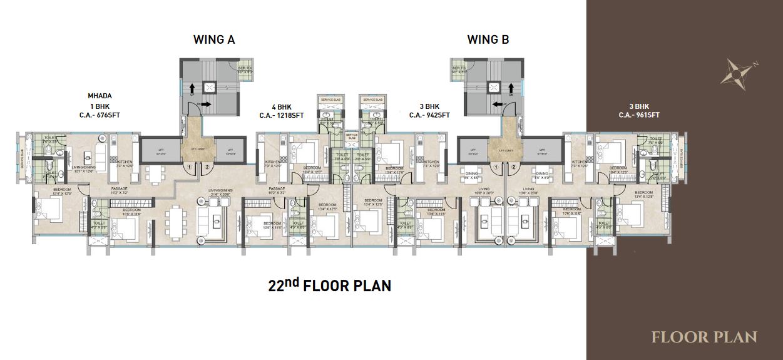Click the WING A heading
(x=213, y=40)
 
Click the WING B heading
(x=488, y=40)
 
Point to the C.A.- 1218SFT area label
(x=282, y=115)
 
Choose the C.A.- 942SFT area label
(x=429, y=115)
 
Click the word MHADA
(x=100, y=96)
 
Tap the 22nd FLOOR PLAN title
(x=329, y=285)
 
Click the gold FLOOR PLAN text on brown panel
(x=704, y=337)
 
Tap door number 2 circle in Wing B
(x=514, y=167)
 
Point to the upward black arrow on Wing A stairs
(x=190, y=89)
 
